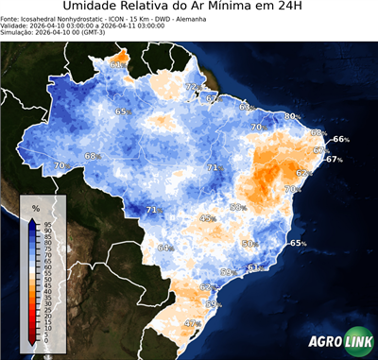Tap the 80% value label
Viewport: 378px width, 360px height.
[292, 116]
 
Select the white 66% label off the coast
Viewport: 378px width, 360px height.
[340, 139]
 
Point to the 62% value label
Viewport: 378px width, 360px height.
[304, 173]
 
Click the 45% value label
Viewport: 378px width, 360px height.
[208, 218]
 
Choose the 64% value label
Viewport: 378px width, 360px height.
[165, 248]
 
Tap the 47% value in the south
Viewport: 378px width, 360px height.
[193, 323]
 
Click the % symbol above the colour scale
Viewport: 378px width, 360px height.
[35, 207]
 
